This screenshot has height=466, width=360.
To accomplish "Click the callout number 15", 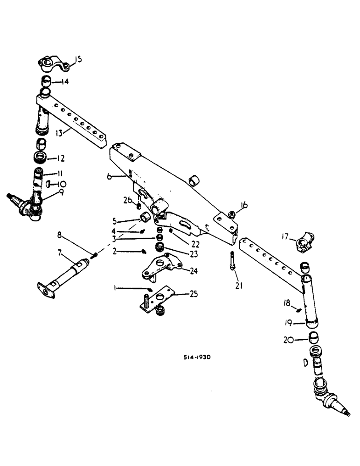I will pyautogui.click(x=78, y=59).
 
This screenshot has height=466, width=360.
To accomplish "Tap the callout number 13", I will pyautogui.click(x=59, y=133).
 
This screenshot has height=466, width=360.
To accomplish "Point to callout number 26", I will pyautogui.click(x=127, y=201).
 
